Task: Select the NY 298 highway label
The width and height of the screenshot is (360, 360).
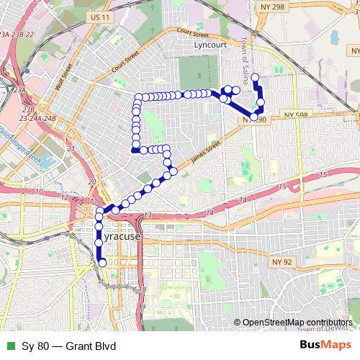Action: click(278, 6)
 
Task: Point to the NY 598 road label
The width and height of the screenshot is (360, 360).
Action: click(297, 114)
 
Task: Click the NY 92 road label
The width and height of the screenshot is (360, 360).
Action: click(282, 261)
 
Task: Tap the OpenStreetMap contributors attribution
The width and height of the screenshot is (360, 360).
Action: click(297, 323)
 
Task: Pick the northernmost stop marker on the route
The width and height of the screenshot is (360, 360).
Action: click(255, 76)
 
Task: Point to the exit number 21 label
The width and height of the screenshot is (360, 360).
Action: click(71, 149)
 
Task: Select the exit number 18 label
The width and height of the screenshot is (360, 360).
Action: click(143, 289)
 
